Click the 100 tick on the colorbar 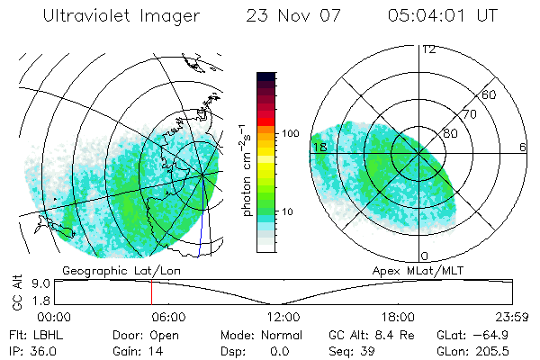click(290, 133)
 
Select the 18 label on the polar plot click(318, 147)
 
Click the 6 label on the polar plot click(523, 147)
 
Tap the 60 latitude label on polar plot click(490, 94)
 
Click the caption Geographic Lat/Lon click(107, 270)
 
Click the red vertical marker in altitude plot click(151, 292)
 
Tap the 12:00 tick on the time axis click(283, 316)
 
